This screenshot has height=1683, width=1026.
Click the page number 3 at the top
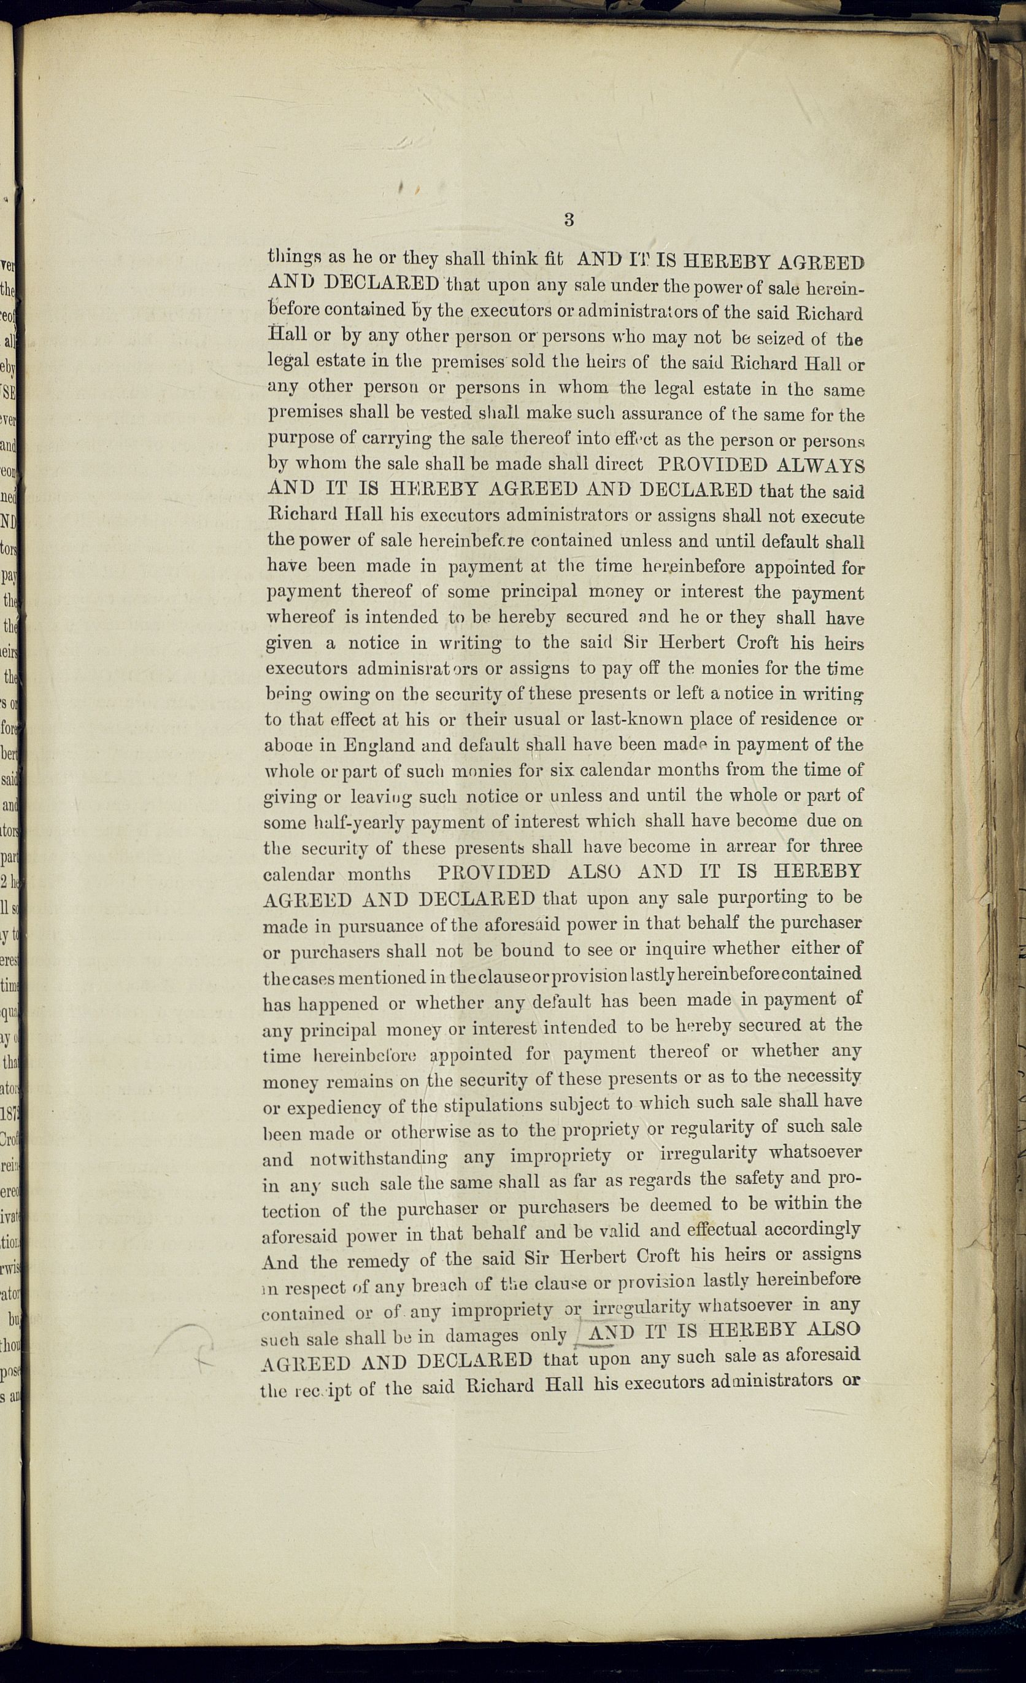click(x=568, y=220)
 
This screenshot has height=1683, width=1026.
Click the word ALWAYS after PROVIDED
click(x=820, y=466)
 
